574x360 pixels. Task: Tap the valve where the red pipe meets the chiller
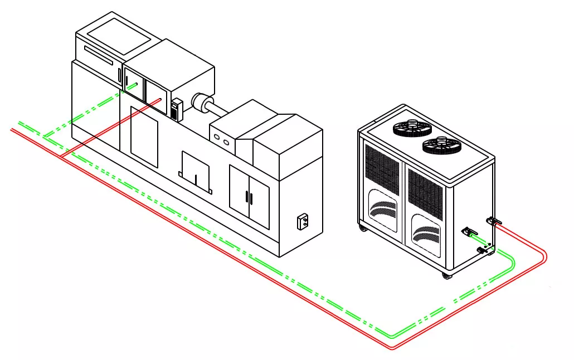pos(494,222)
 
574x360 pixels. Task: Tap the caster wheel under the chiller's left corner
pos(363,228)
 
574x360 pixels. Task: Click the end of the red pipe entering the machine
pos(160,100)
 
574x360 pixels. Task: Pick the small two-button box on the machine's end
pos(304,221)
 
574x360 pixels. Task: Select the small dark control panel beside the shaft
pos(177,109)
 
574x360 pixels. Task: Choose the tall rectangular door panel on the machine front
pos(144,137)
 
